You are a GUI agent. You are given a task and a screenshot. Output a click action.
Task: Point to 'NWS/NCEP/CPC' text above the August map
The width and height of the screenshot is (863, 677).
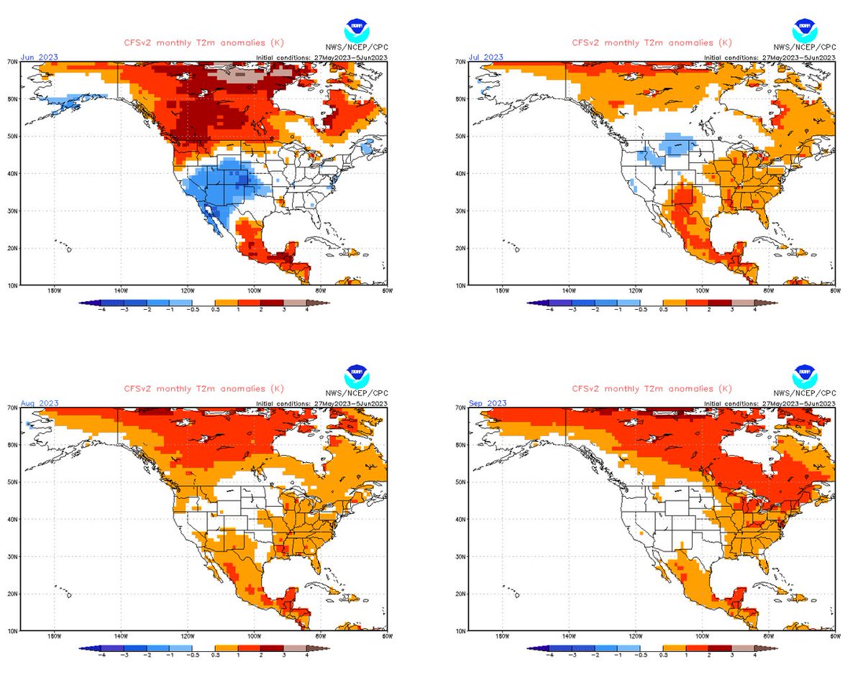coord(356,393)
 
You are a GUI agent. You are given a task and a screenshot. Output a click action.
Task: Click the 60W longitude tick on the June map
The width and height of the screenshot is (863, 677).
coord(386,291)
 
